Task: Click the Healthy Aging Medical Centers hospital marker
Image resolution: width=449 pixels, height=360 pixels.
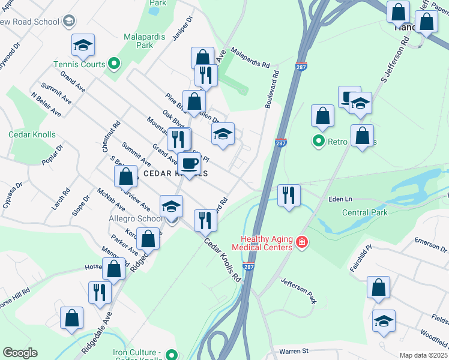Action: (301, 242)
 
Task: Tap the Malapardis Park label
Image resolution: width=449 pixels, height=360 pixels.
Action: (147, 40)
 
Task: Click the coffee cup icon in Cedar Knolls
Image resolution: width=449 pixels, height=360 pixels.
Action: (190, 163)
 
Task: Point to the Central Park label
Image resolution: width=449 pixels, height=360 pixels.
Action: (365, 212)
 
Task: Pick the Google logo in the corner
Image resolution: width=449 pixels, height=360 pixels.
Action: (20, 352)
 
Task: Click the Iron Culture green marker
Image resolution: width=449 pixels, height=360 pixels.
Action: (172, 354)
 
